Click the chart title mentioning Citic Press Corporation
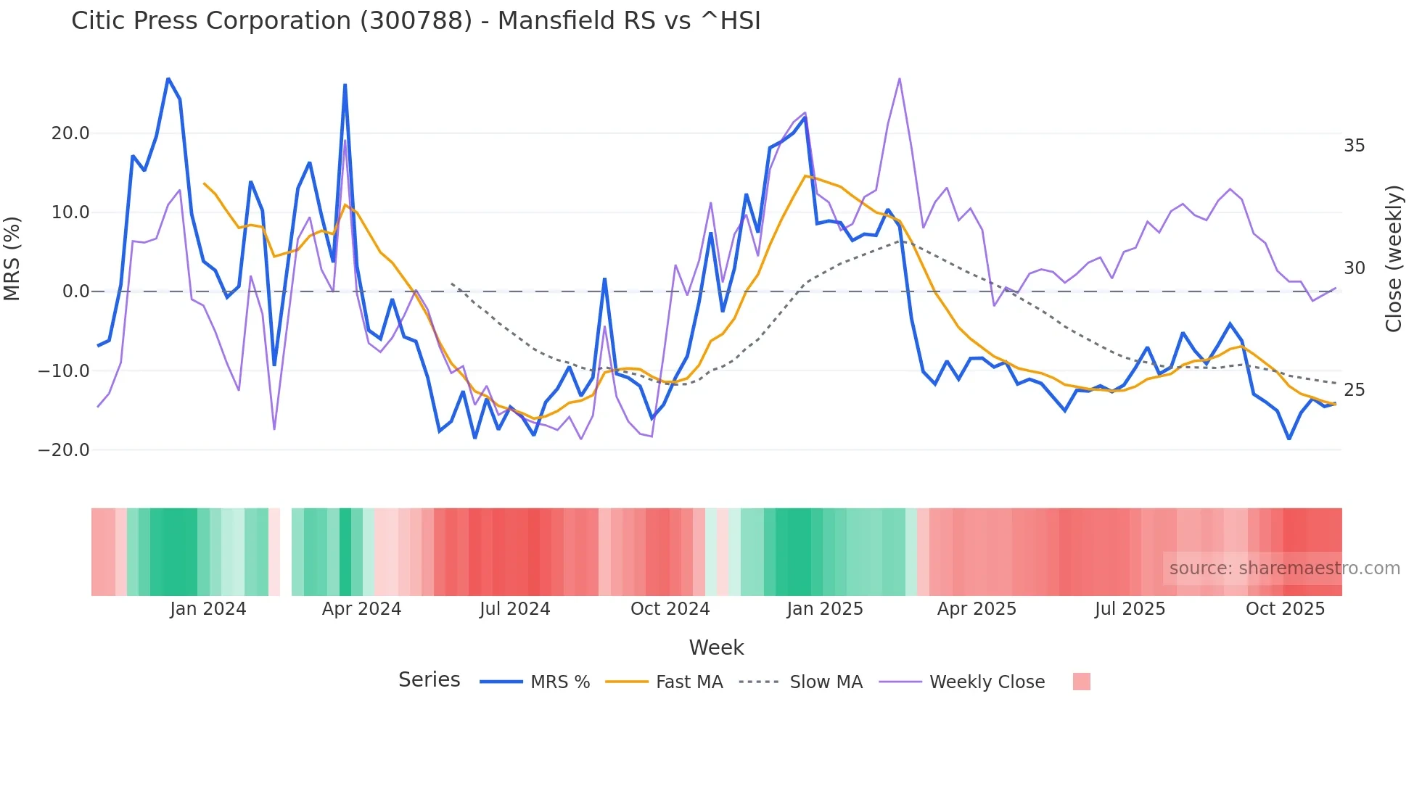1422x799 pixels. (416, 21)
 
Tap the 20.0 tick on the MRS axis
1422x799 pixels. (70, 133)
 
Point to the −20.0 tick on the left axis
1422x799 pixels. (64, 450)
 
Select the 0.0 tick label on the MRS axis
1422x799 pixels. (75, 291)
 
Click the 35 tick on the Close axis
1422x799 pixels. (1354, 146)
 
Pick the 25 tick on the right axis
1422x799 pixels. (1354, 390)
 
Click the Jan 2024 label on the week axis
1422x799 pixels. (208, 609)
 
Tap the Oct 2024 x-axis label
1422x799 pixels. (670, 609)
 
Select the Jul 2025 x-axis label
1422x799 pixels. (1130, 609)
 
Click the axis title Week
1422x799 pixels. (716, 647)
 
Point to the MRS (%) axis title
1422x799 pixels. (12, 258)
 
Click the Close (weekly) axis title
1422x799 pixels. (1393, 258)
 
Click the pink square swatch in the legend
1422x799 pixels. (1081, 682)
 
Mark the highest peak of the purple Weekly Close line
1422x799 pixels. (900, 78)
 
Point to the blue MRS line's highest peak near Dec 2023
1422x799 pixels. (168, 78)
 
